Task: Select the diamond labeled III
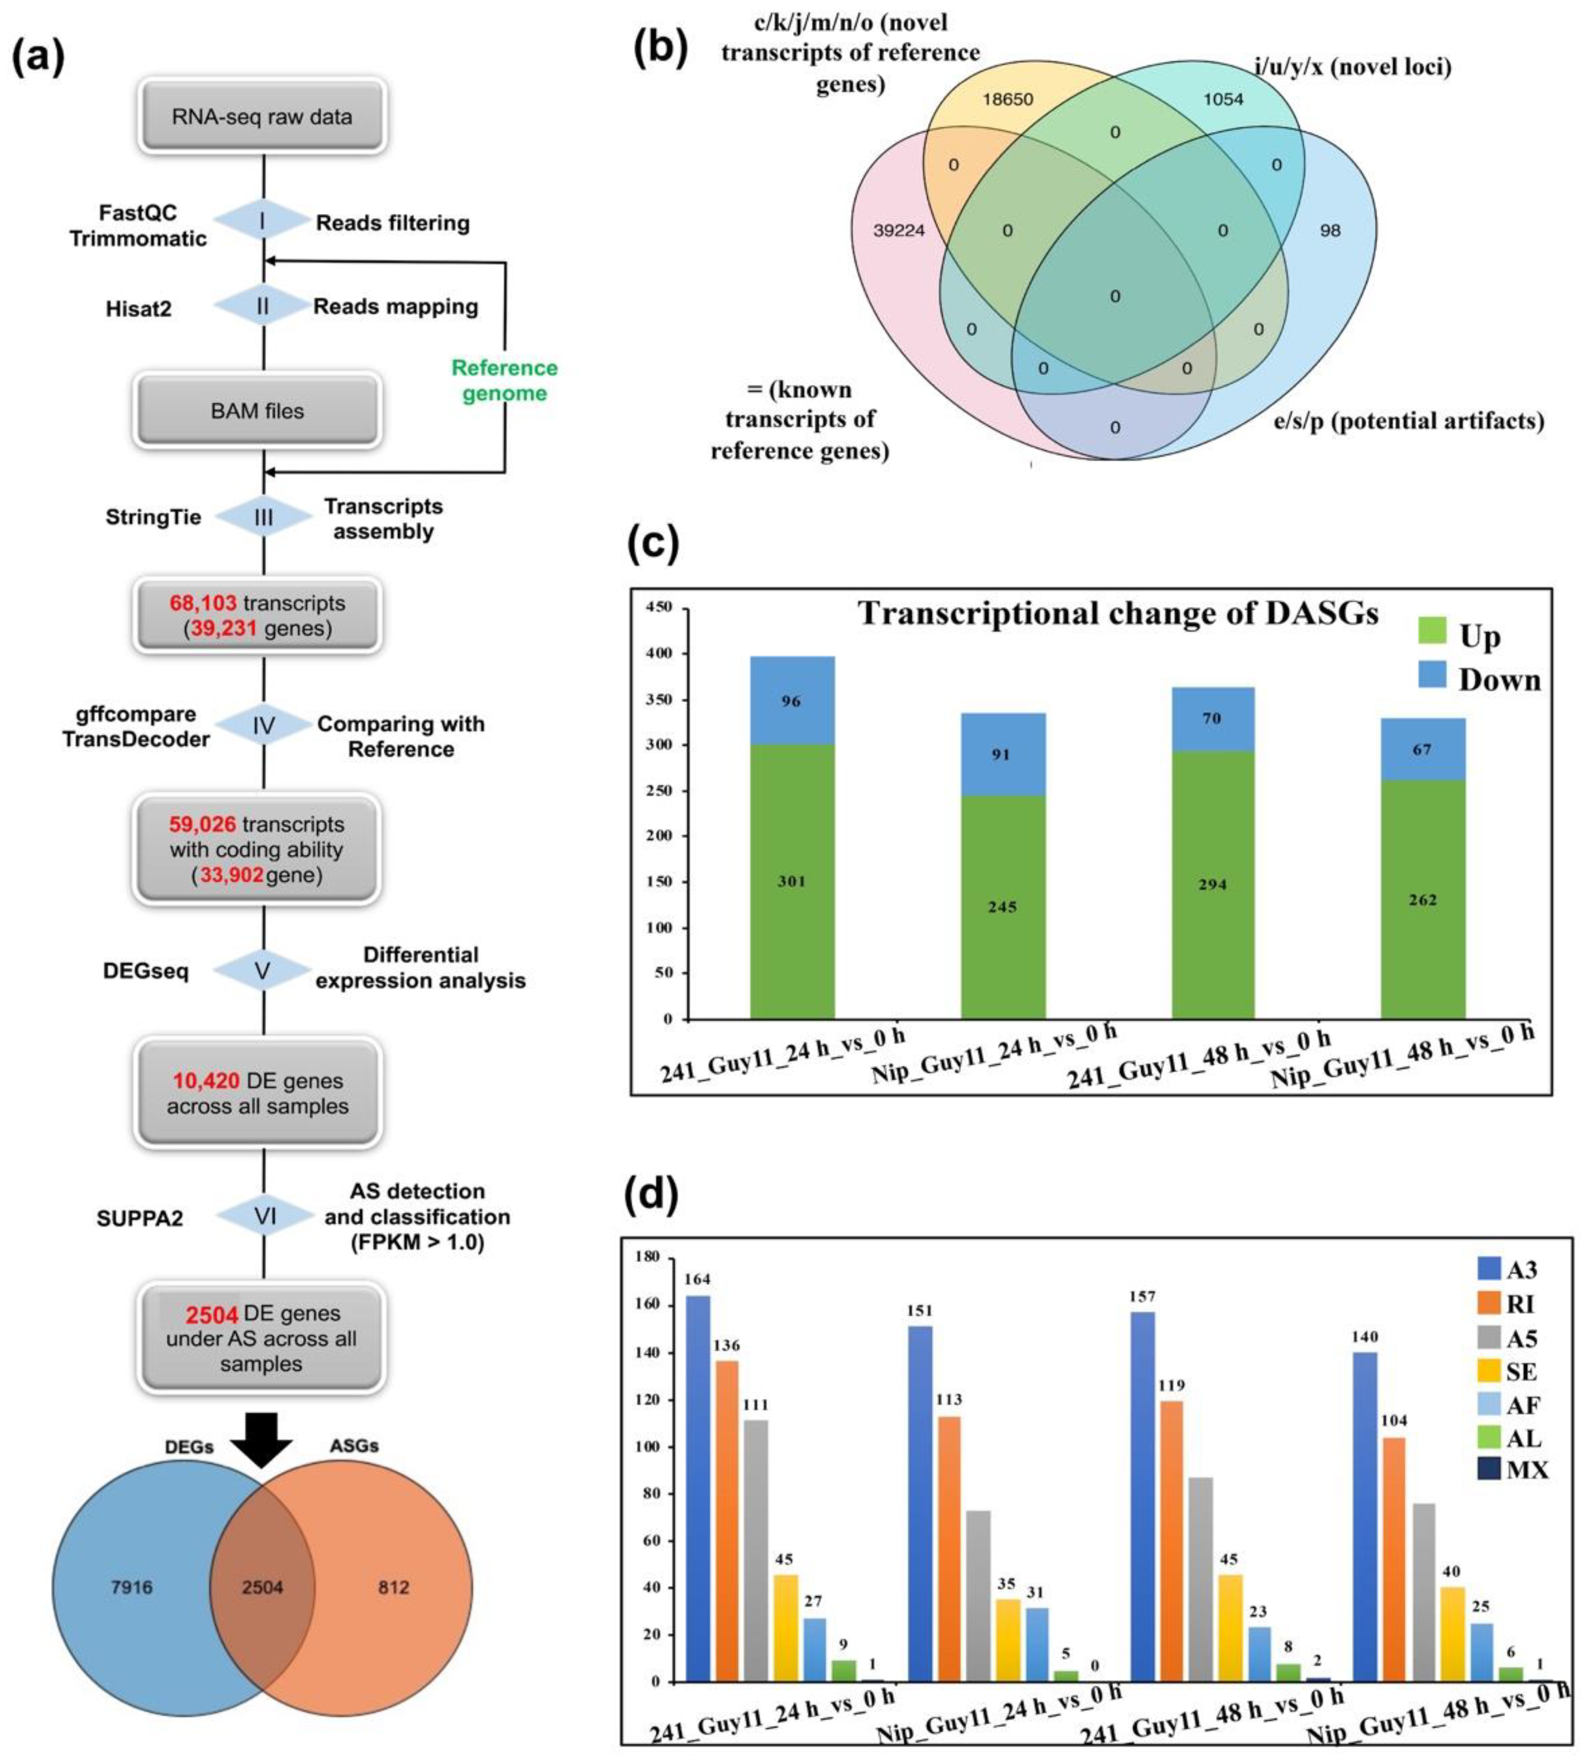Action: pos(263,517)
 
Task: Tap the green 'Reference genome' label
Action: pos(504,381)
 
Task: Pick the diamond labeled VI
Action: pos(263,1215)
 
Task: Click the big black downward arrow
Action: pos(262,1439)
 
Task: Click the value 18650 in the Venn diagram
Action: pos(1008,99)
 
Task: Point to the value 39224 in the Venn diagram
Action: pos(898,231)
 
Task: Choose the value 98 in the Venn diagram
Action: pos(1330,231)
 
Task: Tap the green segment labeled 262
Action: pos(1422,899)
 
